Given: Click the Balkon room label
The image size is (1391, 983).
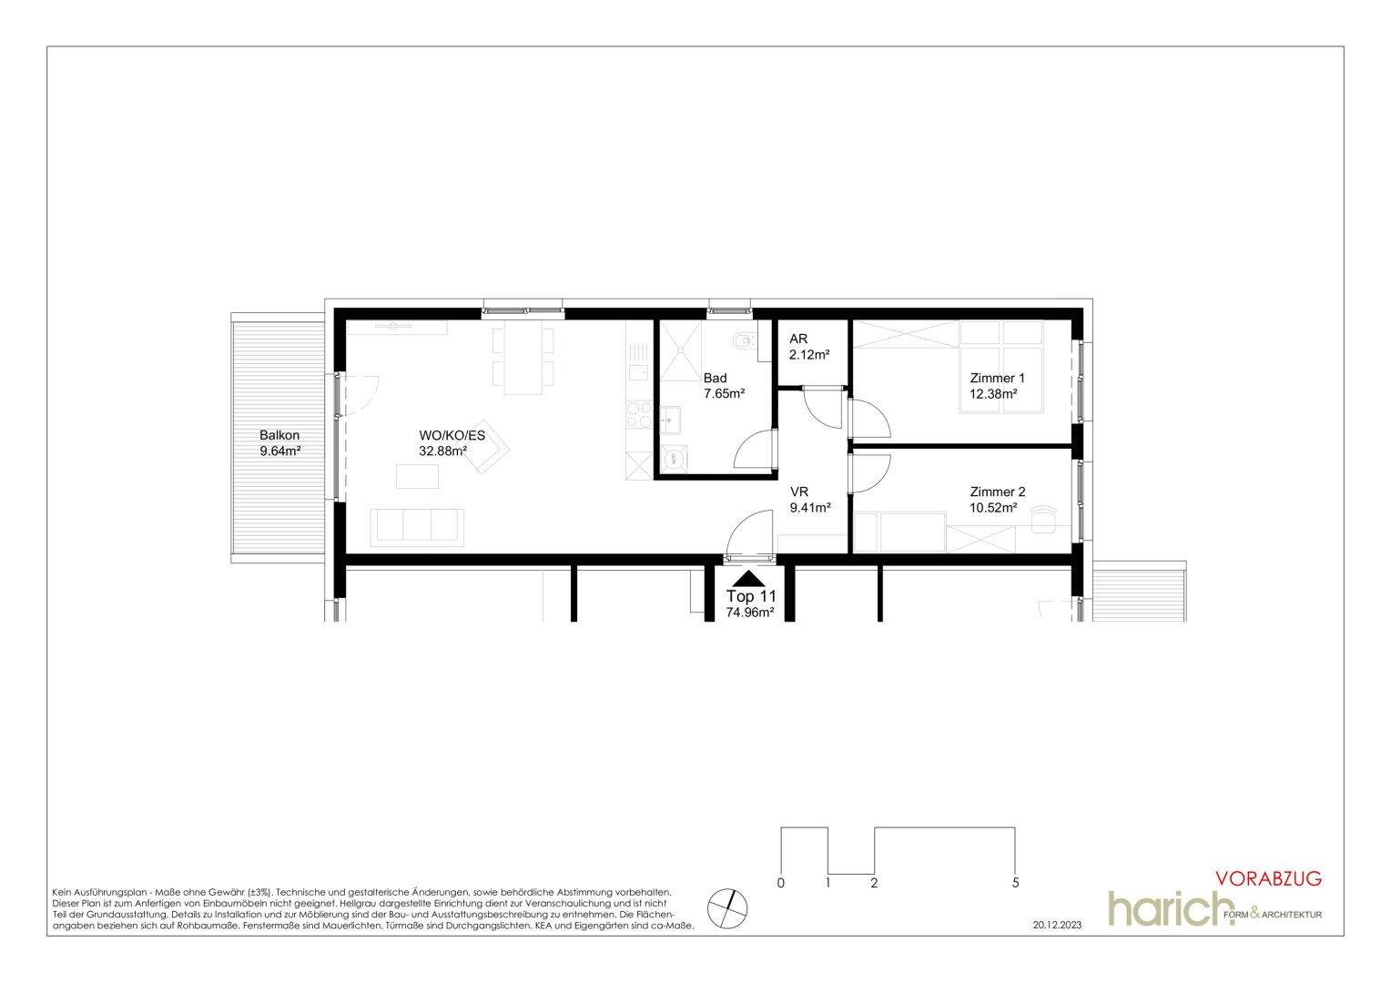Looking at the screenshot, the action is click(x=279, y=435).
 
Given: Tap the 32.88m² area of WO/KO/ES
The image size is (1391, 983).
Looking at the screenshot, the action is click(x=442, y=451).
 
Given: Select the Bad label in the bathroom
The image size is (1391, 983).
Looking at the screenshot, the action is click(x=715, y=378).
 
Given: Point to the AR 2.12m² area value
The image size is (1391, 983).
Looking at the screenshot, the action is click(x=809, y=355).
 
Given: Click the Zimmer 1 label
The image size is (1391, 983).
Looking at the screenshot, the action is click(x=998, y=378).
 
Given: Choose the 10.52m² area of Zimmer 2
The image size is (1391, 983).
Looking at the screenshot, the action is click(x=993, y=508).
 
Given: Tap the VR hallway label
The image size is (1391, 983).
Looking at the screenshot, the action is click(x=799, y=491).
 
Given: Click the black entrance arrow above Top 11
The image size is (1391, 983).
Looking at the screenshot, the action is click(x=749, y=579).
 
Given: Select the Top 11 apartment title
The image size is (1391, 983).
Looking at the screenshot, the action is click(x=751, y=597).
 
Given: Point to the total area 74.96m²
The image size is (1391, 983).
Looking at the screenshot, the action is click(x=750, y=613).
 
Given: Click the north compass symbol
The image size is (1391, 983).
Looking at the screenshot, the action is click(x=727, y=907).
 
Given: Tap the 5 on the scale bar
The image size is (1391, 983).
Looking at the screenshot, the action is click(x=1016, y=882).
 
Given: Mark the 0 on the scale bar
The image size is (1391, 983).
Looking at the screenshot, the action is click(x=780, y=882).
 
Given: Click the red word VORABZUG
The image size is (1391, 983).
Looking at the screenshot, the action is click(x=1269, y=878).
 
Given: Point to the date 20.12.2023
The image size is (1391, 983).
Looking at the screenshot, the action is click(x=1058, y=926).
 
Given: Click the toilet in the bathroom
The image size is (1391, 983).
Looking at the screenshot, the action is click(x=745, y=340).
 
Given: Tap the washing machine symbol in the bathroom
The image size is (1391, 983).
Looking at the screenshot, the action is click(x=673, y=459).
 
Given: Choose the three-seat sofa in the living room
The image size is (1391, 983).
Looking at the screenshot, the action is click(x=417, y=527).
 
